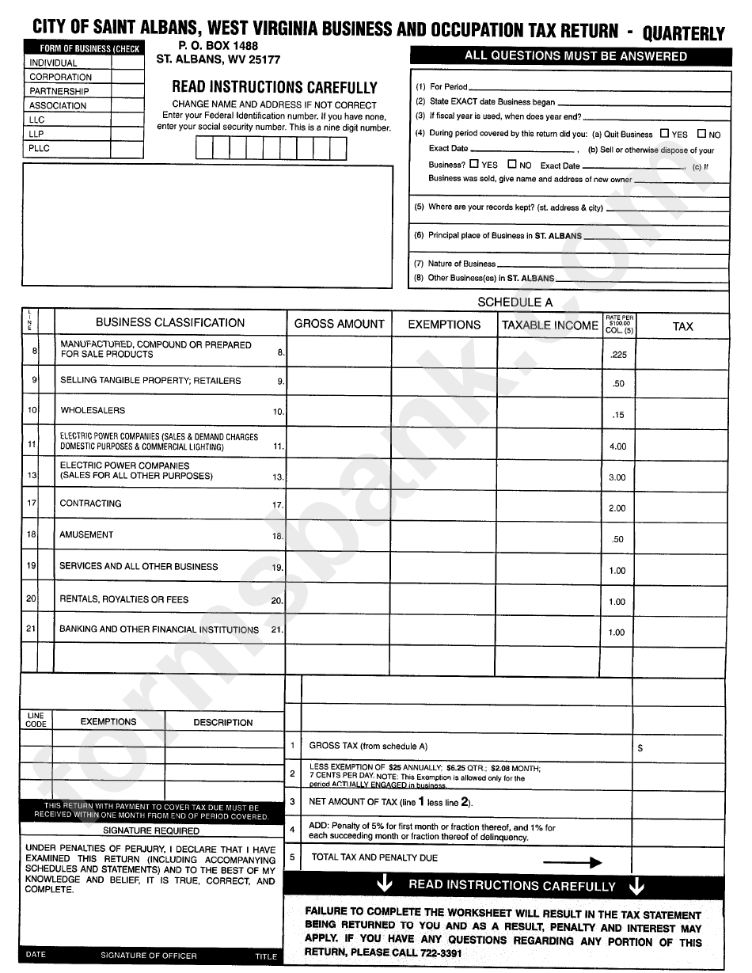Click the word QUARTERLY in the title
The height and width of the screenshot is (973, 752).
click(683, 33)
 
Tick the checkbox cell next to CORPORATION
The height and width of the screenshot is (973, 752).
click(127, 77)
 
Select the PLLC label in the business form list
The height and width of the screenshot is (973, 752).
click(40, 148)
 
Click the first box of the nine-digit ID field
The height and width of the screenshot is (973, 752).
click(203, 148)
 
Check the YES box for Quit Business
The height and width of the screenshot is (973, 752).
click(664, 134)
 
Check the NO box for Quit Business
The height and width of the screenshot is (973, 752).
click(701, 134)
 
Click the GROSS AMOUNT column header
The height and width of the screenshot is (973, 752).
click(339, 324)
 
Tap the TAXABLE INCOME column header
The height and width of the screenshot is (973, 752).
click(550, 325)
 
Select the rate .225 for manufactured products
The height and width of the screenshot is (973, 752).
click(618, 355)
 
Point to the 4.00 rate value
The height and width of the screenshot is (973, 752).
click(617, 447)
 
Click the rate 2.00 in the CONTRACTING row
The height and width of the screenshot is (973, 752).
click(617, 508)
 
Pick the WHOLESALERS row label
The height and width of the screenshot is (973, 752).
click(93, 410)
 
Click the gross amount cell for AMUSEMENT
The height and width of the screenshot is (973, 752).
click(339, 538)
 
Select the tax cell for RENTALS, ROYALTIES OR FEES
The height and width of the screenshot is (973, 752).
click(682, 600)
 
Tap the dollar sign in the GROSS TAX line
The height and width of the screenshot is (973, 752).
click(640, 747)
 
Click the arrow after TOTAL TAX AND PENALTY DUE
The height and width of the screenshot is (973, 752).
click(572, 863)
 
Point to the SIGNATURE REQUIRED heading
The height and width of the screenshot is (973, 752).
click(151, 830)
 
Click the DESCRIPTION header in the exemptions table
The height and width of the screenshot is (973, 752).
click(223, 722)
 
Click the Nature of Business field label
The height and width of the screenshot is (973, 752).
click(461, 264)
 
